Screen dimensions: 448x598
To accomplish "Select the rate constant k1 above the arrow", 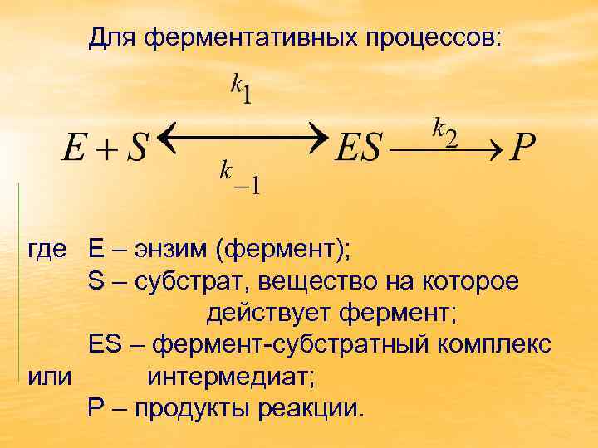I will click(242, 89).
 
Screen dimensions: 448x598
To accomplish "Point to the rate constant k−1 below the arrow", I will click(239, 178).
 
